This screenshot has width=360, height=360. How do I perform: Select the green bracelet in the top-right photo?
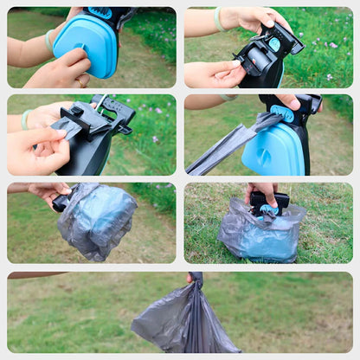coord(219,19)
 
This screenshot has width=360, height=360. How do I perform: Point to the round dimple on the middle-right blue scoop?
coord(261,156)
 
